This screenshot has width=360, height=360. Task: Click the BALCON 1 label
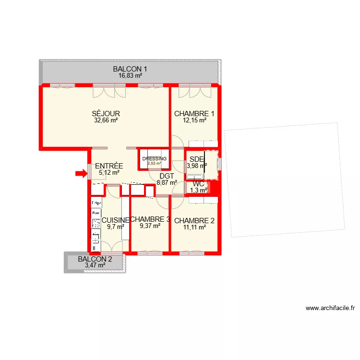click(x=130, y=69)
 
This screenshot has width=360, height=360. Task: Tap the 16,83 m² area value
click(x=130, y=76)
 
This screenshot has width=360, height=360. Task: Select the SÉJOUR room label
click(x=106, y=114)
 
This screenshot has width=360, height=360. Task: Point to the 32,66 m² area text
click(x=106, y=121)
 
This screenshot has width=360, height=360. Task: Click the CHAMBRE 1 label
click(x=194, y=114)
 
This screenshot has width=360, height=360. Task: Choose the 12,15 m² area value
click(x=194, y=121)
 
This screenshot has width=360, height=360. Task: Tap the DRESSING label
click(x=154, y=159)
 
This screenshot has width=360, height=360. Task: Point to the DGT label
click(x=167, y=176)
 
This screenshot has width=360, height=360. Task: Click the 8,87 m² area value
click(x=167, y=182)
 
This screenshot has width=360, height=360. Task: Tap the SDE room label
click(x=196, y=159)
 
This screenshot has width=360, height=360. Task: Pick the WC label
click(x=199, y=183)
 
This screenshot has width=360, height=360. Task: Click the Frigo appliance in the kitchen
click(x=96, y=204)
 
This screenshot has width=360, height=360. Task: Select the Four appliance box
click(x=96, y=212)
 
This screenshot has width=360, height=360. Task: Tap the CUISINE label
click(x=115, y=220)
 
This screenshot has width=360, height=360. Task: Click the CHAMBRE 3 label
click(x=150, y=220)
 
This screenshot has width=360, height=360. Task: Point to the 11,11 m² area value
click(x=194, y=228)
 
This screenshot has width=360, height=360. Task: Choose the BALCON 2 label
click(x=95, y=259)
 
